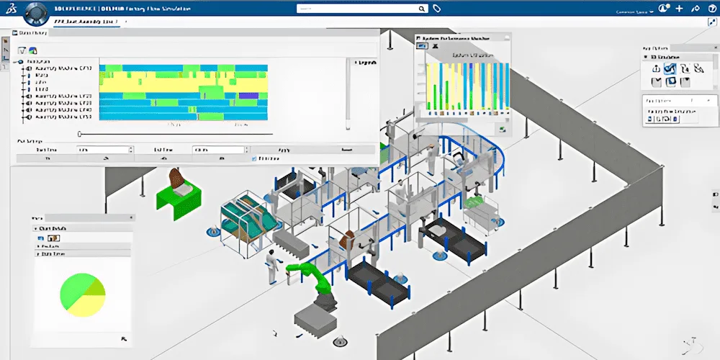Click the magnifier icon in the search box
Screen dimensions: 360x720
423,9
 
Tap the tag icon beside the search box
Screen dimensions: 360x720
436,9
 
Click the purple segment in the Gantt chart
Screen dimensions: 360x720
248,95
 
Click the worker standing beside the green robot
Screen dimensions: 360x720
271,266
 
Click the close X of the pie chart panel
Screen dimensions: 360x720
130,217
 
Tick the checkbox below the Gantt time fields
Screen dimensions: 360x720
253,158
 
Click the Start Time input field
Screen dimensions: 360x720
104,150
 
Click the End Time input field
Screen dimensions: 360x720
219,150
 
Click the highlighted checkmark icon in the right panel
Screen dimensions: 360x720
670,68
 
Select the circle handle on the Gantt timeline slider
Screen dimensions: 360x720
80,133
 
